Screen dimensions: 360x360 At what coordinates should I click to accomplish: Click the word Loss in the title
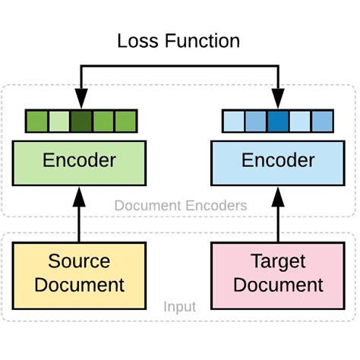tap(141, 40)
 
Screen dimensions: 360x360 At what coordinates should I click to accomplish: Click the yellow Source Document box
tap(80, 273)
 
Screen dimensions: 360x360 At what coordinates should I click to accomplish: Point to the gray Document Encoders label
tap(180, 205)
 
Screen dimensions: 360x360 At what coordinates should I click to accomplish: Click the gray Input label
tap(180, 307)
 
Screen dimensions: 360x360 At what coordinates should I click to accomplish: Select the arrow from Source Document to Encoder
tap(80, 216)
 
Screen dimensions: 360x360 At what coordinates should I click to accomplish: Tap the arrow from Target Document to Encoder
tap(278, 216)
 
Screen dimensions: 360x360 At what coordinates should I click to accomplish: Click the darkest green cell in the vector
tap(81, 122)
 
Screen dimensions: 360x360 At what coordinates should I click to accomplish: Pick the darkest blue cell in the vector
tap(278, 122)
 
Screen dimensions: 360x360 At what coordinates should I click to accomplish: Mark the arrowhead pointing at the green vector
tap(80, 100)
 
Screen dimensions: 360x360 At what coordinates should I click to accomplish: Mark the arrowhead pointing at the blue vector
tap(278, 100)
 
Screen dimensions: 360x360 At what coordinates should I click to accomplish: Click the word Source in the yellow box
tap(79, 261)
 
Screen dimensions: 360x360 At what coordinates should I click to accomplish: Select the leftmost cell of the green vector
tap(36, 122)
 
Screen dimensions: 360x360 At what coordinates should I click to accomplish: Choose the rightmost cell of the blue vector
tap(322, 122)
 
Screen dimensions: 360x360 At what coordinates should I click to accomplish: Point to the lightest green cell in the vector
tap(58, 122)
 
